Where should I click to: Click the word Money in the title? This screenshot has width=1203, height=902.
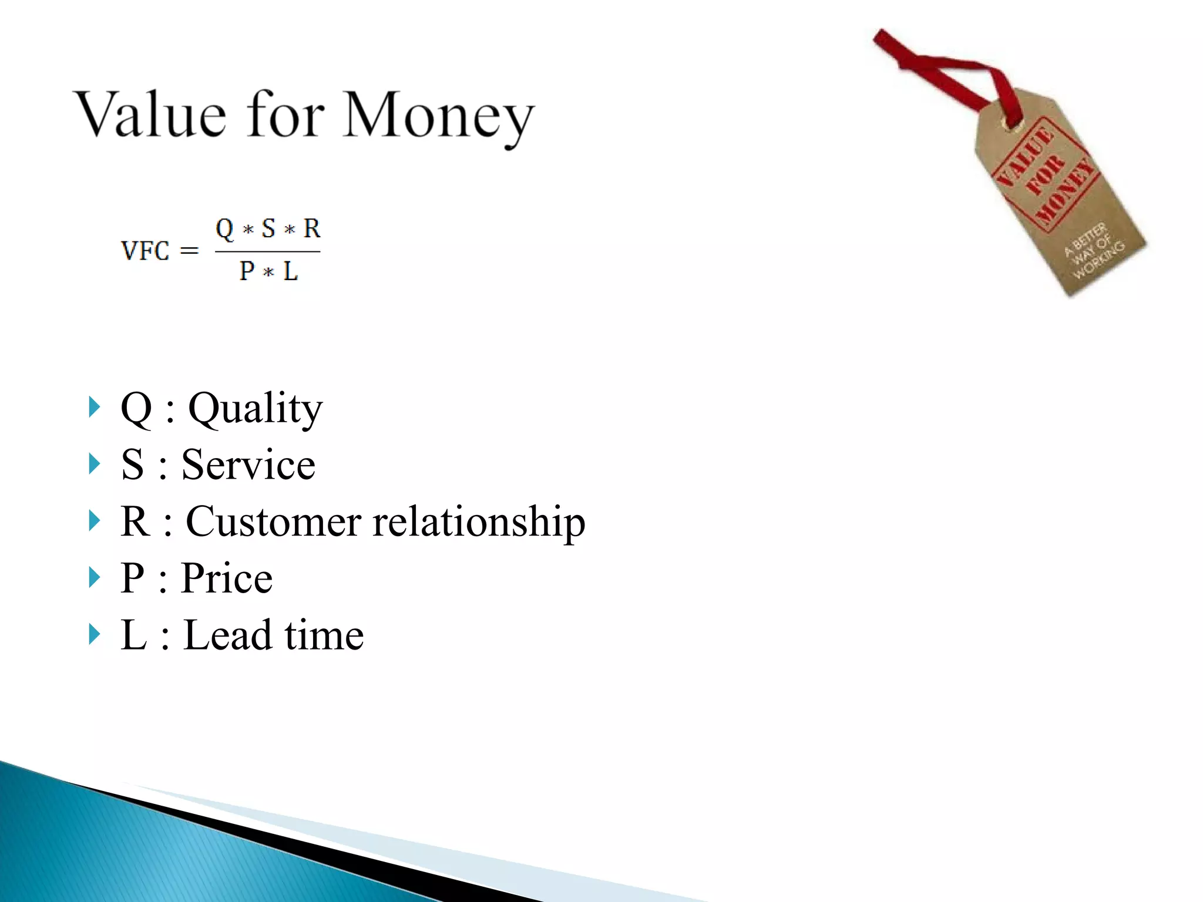pos(438,116)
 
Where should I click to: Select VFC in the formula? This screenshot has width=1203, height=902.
pos(145,251)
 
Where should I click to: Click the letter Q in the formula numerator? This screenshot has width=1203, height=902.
pos(224,228)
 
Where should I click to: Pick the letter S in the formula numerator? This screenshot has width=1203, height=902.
pos(268,228)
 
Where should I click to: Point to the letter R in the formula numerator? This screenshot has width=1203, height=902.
pos(312,228)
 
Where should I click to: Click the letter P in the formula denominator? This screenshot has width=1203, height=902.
pos(247,271)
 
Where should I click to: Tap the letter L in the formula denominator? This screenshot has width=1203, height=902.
pos(290,271)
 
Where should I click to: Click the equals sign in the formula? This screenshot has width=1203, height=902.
pos(189,251)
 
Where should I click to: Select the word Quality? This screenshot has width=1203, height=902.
pos(255,409)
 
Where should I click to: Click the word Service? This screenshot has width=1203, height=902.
pos(248,465)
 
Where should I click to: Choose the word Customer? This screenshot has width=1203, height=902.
pos(273,521)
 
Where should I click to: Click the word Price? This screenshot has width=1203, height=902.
pos(227,578)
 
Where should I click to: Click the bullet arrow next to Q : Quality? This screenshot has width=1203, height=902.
pos(94,407)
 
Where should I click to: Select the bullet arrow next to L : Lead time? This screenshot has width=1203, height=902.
pos(94,634)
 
